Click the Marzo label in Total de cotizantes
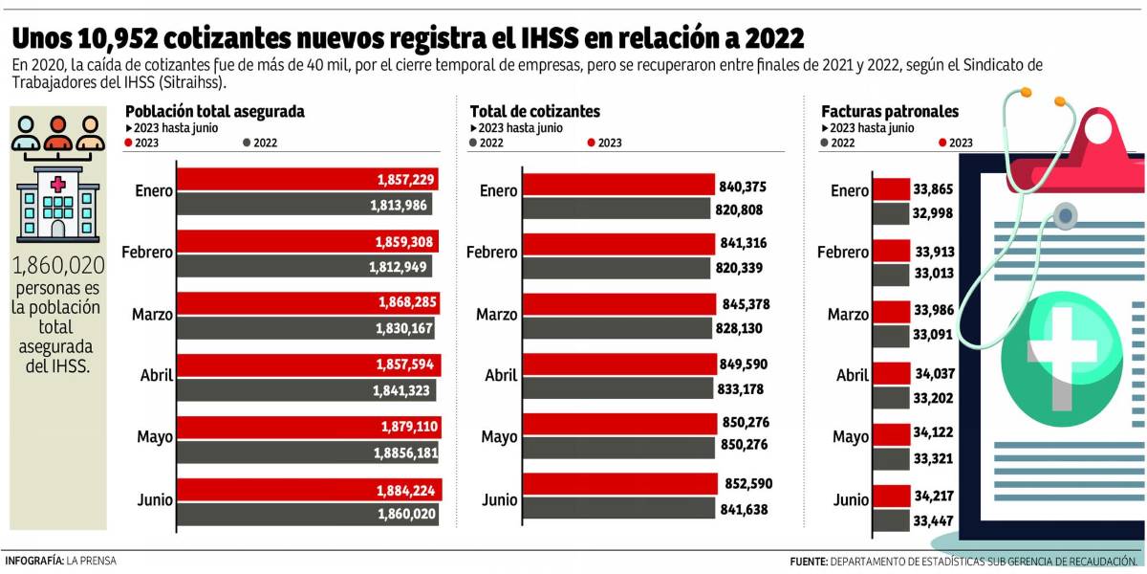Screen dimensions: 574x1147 (x=497, y=315)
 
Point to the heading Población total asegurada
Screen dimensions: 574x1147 (x=215, y=111)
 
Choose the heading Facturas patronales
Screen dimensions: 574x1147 (x=890, y=111)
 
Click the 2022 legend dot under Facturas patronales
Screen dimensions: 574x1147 (x=825, y=143)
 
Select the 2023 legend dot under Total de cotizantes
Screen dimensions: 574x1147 (x=592, y=143)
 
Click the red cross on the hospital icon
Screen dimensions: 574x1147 (x=57, y=184)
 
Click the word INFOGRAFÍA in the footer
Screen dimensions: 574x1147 (x=34, y=561)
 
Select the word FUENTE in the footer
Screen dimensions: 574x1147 (x=809, y=561)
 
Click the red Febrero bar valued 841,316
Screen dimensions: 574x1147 (x=619, y=243)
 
